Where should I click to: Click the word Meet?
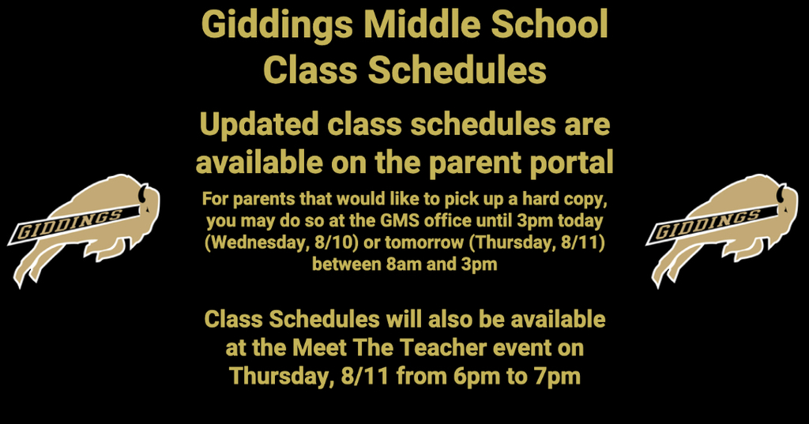click(319, 347)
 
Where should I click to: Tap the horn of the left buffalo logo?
click(142, 193)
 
